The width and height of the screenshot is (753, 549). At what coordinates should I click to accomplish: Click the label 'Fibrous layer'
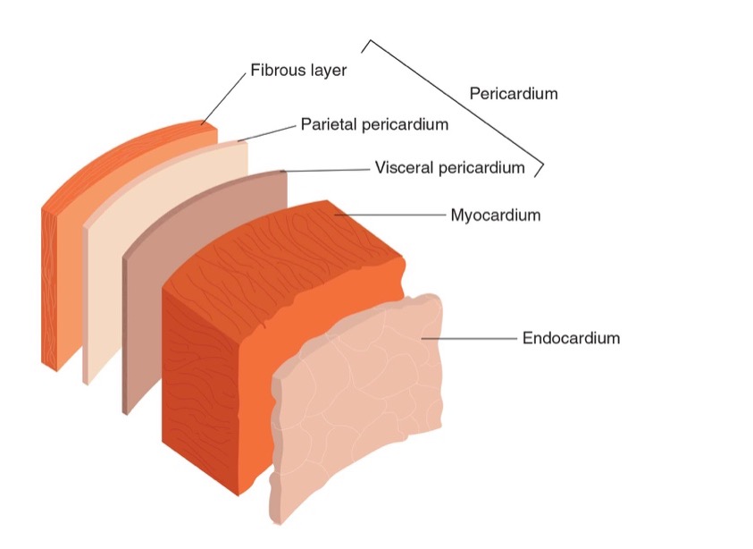click(297, 70)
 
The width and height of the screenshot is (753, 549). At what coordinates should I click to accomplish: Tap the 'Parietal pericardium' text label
click(374, 124)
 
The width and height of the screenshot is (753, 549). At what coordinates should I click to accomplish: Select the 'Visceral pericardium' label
click(449, 167)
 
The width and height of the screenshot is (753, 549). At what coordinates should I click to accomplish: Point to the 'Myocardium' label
click(495, 215)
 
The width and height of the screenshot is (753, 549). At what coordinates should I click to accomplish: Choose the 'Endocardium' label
click(571, 338)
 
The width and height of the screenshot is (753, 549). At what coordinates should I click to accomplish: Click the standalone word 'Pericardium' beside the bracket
click(513, 93)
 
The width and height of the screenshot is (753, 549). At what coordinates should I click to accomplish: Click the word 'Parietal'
click(327, 124)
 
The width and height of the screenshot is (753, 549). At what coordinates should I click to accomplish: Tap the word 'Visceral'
click(403, 167)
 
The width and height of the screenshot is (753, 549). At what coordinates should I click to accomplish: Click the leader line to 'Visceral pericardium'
click(326, 169)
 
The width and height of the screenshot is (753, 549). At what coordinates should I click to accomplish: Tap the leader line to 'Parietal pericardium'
click(268, 132)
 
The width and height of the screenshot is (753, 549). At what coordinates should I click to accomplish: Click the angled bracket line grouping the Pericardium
click(456, 103)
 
